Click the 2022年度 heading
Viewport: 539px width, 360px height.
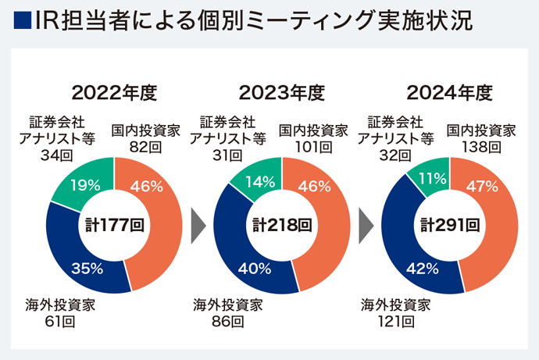point(114,93)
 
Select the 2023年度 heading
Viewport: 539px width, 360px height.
point(281,93)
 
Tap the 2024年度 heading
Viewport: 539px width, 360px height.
point(449,93)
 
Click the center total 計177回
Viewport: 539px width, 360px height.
point(114,226)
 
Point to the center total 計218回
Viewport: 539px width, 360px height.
point(282,226)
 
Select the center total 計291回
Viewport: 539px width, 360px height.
point(449,226)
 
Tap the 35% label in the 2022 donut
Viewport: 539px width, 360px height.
point(87,268)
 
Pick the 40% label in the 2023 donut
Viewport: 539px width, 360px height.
point(255,269)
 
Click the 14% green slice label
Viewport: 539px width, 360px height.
point(259,182)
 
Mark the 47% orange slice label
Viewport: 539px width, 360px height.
point(482,186)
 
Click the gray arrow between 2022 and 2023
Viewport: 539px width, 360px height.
point(198,226)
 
